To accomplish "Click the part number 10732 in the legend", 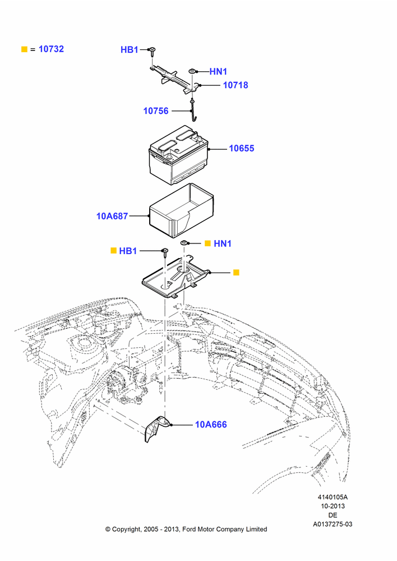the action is pos(51,49).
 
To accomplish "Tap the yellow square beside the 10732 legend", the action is pos(24,49).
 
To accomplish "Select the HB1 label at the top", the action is pos(129,50).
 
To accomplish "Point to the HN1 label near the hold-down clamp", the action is pos(218,72).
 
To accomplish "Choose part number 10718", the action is pos(236,85).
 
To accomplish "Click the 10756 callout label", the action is pos(155,111).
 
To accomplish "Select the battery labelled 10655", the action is pos(178,155).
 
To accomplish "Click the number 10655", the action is pos(242,148).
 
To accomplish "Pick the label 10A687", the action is pos(112,216).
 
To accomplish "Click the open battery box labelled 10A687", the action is pos(181,210).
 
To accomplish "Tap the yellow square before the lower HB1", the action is pos(114,251).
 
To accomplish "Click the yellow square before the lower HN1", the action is pos(207,243).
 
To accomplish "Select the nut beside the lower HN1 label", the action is pos(184,243).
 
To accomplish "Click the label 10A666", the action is pos(211,425).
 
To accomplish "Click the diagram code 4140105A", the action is pos(333,497).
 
